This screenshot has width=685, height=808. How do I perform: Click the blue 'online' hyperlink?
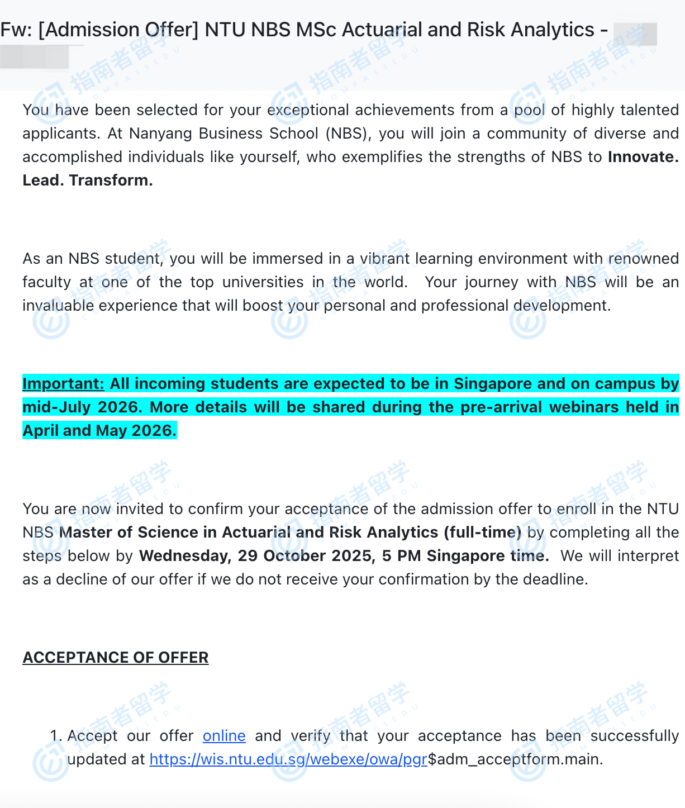coord(224,735)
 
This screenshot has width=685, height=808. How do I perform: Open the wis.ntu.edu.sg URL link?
coord(288,759)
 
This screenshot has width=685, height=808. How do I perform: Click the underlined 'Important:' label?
coord(63,383)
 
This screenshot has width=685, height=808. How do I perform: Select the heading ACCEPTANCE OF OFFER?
coord(116,657)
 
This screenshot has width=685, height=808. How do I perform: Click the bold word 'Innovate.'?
coord(643,156)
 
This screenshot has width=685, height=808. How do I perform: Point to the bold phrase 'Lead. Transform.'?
coord(88,180)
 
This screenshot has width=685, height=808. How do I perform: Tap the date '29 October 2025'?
coord(306,555)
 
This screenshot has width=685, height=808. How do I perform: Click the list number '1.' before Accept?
coord(56,735)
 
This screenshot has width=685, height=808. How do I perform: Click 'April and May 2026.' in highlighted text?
coord(99,430)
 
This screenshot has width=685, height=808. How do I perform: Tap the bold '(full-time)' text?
coord(483,532)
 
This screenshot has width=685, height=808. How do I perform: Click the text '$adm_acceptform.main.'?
coord(515,759)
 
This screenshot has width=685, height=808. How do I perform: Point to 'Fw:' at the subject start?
coord(16,30)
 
